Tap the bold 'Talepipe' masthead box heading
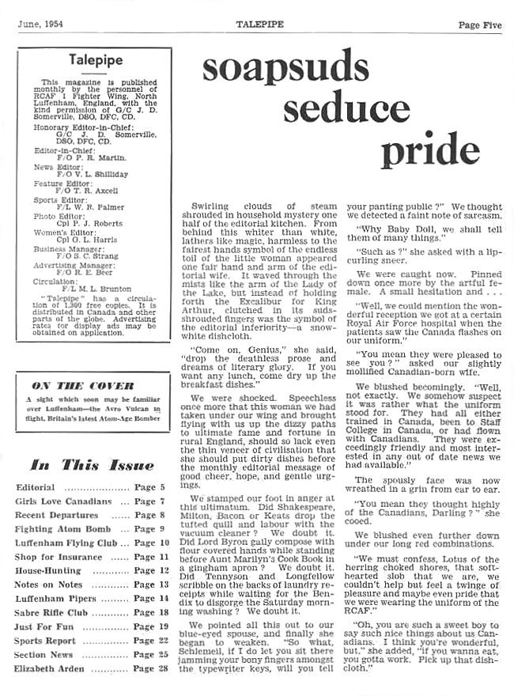(93, 59)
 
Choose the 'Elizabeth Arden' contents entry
(47, 669)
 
